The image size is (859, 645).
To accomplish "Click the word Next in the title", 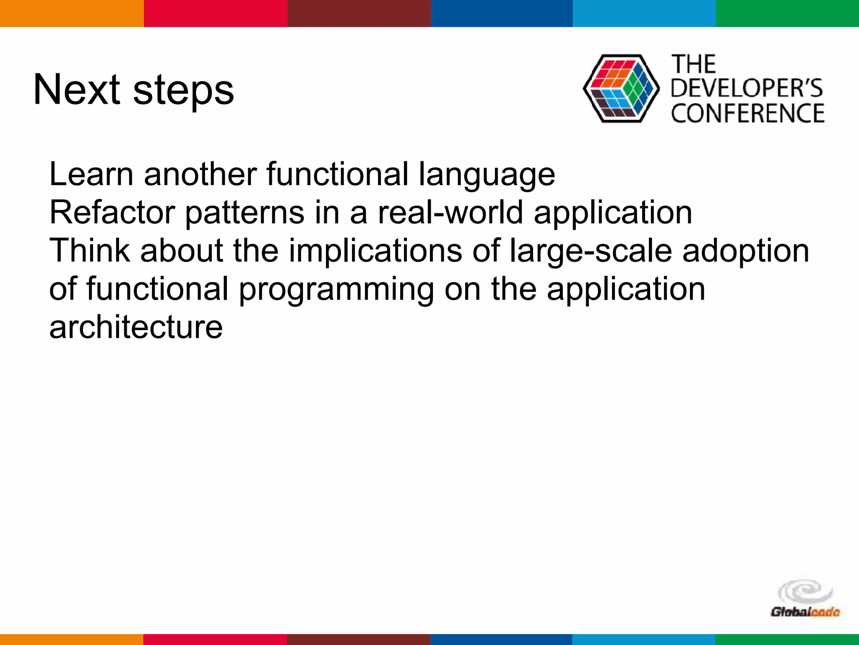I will (77, 90).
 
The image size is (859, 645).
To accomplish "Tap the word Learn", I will (90, 174).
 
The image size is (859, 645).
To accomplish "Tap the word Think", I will (89, 251).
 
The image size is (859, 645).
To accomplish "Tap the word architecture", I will (135, 328).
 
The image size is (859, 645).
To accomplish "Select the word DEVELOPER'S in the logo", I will (747, 89).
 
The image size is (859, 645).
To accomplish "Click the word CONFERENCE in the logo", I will (747, 113).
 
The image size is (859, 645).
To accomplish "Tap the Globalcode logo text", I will (804, 612).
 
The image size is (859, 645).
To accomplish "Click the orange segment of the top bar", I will (71, 13).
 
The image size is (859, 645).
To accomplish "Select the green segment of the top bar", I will (787, 13).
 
